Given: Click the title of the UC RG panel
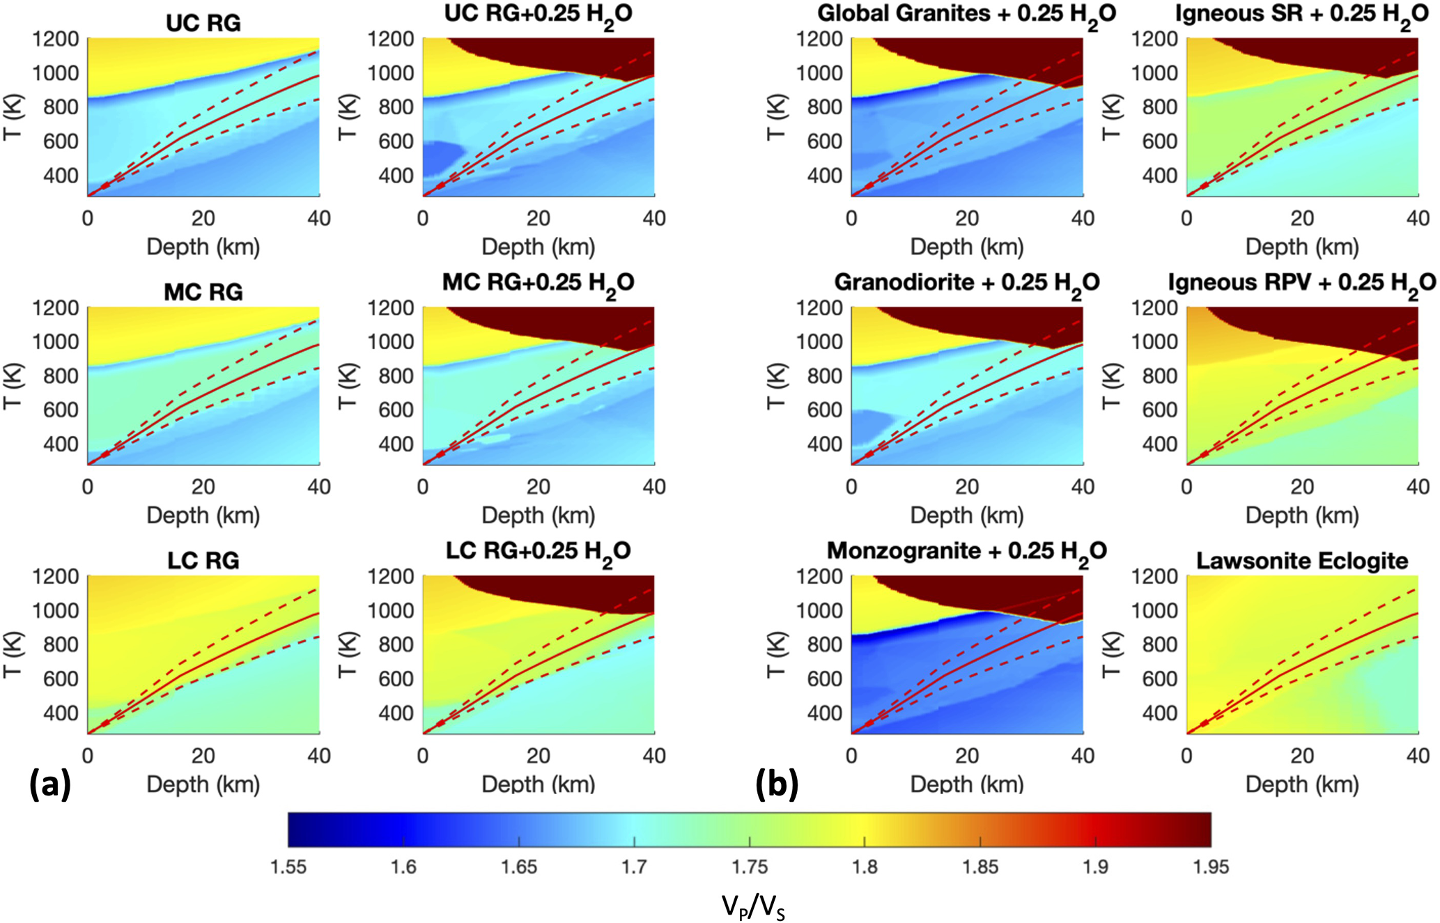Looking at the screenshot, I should coord(203,23).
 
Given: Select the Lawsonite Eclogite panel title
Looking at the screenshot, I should coord(1301,561).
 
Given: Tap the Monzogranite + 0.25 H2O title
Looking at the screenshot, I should coord(966,552).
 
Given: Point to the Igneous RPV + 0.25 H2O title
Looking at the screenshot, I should coord(1301,283).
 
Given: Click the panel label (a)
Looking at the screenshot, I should coord(50,784).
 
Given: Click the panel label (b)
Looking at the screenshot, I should coord(776,784).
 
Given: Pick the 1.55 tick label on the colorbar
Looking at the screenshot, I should coord(288,867).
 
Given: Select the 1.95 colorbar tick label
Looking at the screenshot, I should coord(1211,867).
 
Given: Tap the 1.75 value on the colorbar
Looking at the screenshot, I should coord(750,867).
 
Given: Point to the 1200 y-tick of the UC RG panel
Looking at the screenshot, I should coord(56,39).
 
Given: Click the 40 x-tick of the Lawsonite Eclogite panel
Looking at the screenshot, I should coord(1418,756).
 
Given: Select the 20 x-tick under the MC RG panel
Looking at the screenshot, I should coord(203,487).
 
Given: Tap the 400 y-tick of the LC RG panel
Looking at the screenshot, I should coord(61,713).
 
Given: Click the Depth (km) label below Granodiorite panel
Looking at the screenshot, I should coord(966,515).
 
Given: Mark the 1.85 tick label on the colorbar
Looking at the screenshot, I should coord(980,867).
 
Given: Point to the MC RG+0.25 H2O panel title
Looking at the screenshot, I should coord(538,283).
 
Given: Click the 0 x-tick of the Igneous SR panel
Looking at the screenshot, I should coord(1186,219).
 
